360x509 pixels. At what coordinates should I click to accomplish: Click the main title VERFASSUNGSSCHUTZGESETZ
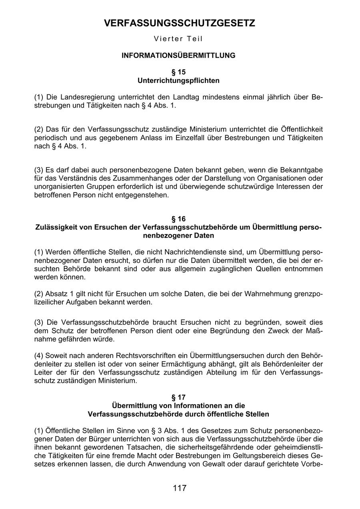point(179,24)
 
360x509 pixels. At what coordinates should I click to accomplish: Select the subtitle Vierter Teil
point(178,39)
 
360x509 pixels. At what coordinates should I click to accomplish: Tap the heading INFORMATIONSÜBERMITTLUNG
point(178,56)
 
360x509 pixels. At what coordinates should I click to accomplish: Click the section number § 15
point(178,72)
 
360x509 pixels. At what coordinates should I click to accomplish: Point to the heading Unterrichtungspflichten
point(178,80)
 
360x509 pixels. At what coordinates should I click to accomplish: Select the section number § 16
point(178,219)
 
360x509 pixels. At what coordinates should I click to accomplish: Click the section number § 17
point(178,397)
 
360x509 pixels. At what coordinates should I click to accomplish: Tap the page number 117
point(180,488)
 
